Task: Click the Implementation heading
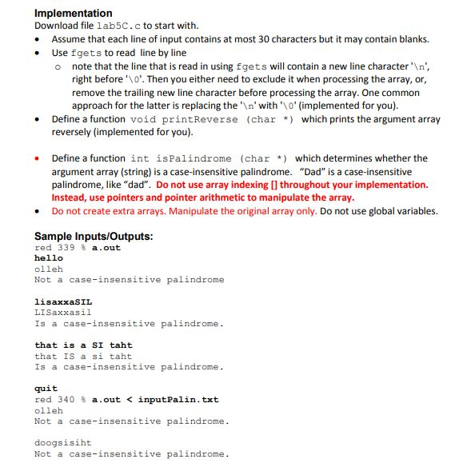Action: coord(74,14)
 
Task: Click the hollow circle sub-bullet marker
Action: coord(59,66)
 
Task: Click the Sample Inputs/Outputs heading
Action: coord(94,236)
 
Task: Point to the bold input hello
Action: coord(48,258)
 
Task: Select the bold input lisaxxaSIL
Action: coord(63,302)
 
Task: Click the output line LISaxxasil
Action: coord(63,313)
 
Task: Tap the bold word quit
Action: coord(46,389)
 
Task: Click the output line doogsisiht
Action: coord(63,442)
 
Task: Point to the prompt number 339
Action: coord(66,248)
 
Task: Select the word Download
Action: coord(56,26)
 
